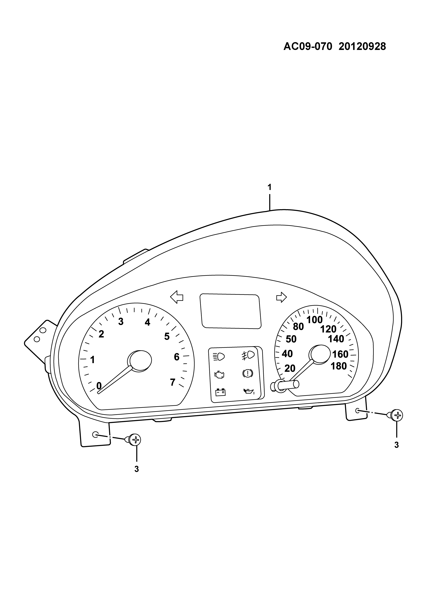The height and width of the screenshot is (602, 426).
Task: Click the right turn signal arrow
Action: (x=281, y=297)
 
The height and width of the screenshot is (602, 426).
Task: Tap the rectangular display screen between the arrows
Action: (x=230, y=311)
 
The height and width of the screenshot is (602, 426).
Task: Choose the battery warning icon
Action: (x=220, y=392)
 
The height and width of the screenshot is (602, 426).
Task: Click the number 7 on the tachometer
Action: (x=173, y=382)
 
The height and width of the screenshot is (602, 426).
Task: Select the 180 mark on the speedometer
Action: (x=339, y=366)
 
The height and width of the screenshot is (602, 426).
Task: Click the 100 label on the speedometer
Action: (x=315, y=320)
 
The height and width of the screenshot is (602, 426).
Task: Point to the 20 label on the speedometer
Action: (x=290, y=368)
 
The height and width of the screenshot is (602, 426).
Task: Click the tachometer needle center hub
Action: (x=140, y=361)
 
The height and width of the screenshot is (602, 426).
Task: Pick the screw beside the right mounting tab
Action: (x=396, y=415)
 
